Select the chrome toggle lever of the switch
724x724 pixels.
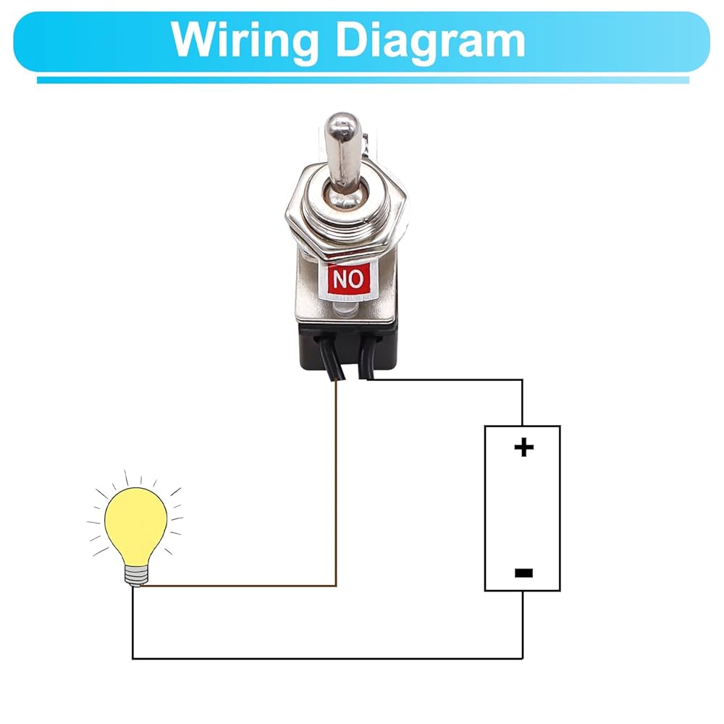pos(338,156)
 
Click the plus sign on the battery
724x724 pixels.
pos(523,447)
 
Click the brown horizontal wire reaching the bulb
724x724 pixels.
pos(239,585)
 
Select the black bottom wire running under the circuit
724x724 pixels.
pos(326,658)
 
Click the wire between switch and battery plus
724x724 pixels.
pos(449,379)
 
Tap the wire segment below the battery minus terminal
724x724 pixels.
pos(522,623)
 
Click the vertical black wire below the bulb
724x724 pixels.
pos(132,623)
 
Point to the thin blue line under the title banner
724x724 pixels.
pos(362,80)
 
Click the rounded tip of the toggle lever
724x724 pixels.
pos(338,123)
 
